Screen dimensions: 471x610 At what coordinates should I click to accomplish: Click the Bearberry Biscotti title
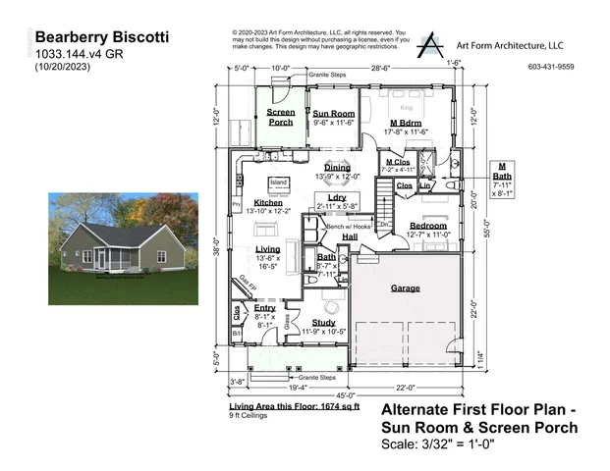click(102, 36)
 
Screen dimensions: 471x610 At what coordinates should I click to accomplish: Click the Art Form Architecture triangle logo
click(430, 44)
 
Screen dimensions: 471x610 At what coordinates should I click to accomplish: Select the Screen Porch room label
click(281, 118)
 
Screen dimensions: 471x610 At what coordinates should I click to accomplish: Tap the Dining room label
click(337, 168)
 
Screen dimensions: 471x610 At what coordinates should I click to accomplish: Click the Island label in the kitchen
click(279, 183)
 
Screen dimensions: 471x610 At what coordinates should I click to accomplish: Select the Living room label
click(253, 250)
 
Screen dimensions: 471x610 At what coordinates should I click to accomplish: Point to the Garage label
click(406, 288)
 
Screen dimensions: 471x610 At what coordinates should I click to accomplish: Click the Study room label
click(324, 322)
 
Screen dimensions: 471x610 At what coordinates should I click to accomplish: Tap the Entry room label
click(264, 308)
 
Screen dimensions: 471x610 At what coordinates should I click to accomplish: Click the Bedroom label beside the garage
click(428, 225)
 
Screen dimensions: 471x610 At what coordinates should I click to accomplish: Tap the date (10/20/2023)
click(67, 67)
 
